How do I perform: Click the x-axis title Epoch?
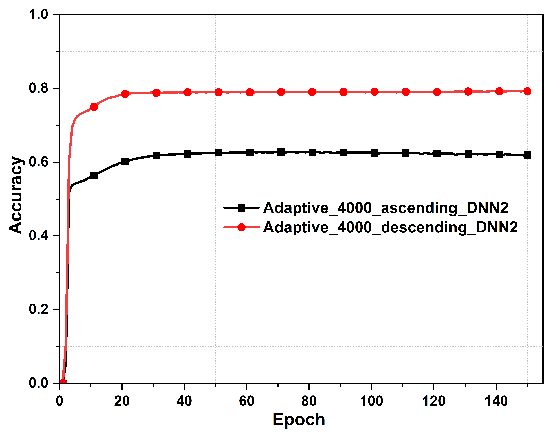(x=299, y=419)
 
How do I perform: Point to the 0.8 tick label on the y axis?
(x=38, y=88)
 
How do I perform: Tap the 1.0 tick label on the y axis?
(x=38, y=14)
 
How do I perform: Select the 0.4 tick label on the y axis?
(x=38, y=235)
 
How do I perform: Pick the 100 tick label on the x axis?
(x=371, y=401)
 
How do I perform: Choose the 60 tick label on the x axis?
(x=246, y=401)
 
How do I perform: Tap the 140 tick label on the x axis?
(x=496, y=401)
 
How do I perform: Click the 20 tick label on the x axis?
(x=122, y=401)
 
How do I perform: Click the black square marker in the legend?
(x=242, y=208)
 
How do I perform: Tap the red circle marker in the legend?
(x=242, y=227)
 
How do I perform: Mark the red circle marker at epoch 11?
(x=94, y=107)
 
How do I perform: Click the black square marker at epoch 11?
(x=94, y=175)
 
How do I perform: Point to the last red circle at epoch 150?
(x=527, y=91)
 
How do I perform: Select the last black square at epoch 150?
(x=527, y=155)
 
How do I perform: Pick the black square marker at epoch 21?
(x=125, y=161)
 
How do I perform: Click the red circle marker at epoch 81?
(x=312, y=92)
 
